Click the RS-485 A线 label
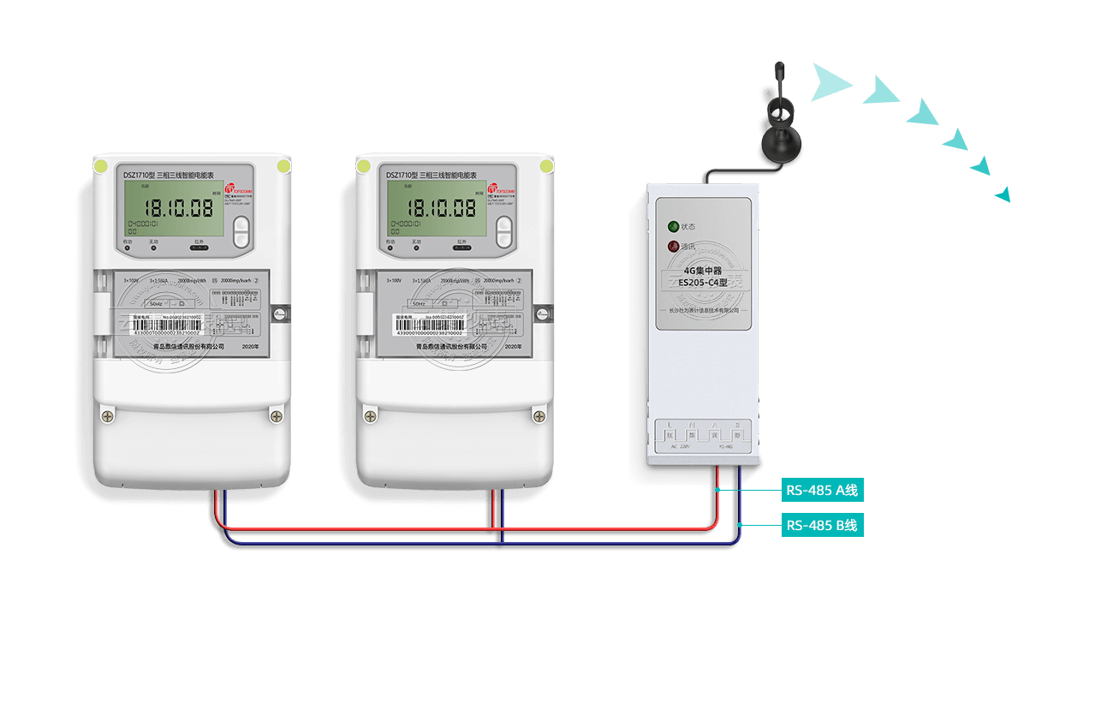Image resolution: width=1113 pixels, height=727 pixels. (822, 491)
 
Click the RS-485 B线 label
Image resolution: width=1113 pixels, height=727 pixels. (822, 525)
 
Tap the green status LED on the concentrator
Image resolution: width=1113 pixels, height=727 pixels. (674, 227)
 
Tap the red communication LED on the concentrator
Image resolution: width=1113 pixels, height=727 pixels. (674, 247)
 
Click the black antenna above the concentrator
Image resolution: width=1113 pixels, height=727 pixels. (780, 128)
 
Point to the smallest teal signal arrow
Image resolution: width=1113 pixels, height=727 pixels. (1003, 195)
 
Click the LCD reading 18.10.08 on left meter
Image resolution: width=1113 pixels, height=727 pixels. (177, 208)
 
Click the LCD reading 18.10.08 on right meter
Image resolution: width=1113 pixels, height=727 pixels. (440, 208)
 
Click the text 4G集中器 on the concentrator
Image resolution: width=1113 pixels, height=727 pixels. (702, 271)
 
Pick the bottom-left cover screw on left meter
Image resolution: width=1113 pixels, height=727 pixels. (107, 416)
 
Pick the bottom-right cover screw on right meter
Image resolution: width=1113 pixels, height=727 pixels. (539, 416)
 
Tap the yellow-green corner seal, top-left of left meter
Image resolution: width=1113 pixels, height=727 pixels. (101, 166)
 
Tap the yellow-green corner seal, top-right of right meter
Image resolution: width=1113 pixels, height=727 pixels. (545, 166)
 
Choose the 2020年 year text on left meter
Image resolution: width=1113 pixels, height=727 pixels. (250, 346)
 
